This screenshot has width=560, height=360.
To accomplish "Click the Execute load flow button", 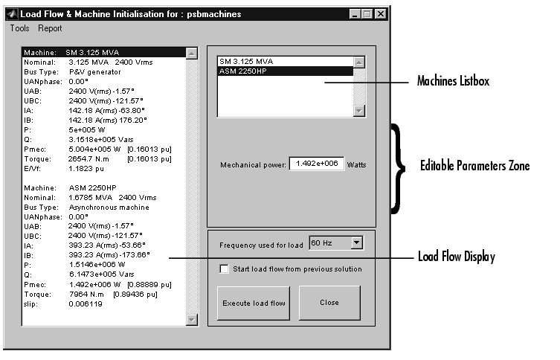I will pyautogui.click(x=254, y=303).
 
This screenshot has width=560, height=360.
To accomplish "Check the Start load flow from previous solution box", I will pyautogui.click(x=224, y=269).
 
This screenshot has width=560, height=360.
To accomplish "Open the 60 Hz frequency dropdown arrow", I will pyautogui.click(x=356, y=242).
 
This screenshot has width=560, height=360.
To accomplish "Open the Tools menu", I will pyautogui.click(x=19, y=28).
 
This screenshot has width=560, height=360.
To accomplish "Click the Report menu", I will pyautogui.click(x=51, y=28).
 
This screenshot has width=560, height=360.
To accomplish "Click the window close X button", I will pyautogui.click(x=380, y=13).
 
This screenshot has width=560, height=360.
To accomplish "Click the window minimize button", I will pyautogui.click(x=355, y=13).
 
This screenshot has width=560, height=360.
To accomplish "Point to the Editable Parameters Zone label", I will pyautogui.click(x=474, y=166).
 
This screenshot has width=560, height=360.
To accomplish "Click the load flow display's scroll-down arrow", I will pyautogui.click(x=190, y=319).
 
